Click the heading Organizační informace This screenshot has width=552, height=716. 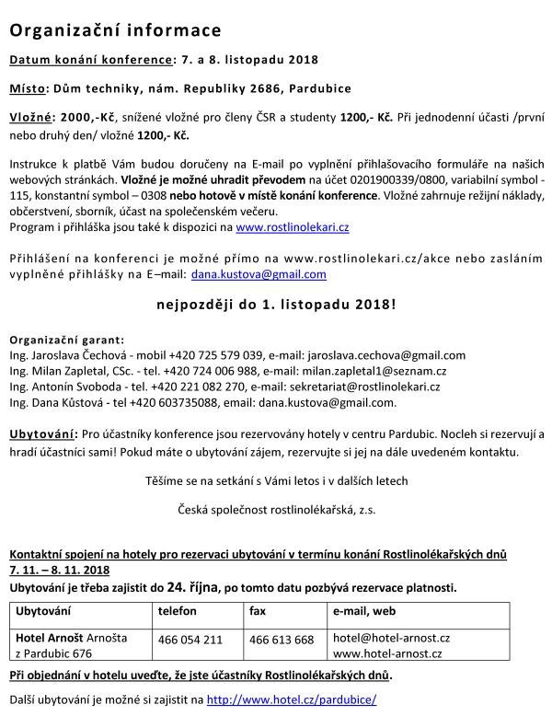tap(115, 31)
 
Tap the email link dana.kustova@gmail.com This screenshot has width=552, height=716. tap(259, 274)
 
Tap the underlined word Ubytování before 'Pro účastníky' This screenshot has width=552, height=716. tap(42, 433)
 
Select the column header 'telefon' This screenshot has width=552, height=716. tap(178, 610)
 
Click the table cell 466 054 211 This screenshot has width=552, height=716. tap(190, 639)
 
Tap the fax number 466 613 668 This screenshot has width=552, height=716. tap(282, 639)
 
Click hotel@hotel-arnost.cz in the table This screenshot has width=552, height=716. tap(391, 638)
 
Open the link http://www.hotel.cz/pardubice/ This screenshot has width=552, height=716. tap(292, 699)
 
